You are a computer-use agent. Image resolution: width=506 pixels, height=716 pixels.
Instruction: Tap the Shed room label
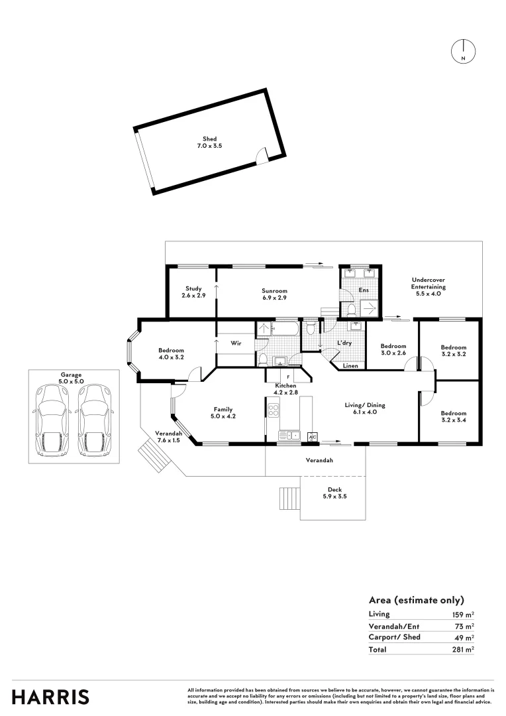tap(209, 142)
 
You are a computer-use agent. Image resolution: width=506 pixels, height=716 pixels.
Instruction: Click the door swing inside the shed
tap(262, 154)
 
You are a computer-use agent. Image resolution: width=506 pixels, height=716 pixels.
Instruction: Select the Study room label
tap(193, 292)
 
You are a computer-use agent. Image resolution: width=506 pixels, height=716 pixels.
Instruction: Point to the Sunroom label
tap(274, 294)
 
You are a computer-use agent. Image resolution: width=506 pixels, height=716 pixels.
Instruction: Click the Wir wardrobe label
tap(235, 343)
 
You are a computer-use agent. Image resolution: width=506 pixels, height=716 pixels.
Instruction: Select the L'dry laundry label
tap(344, 343)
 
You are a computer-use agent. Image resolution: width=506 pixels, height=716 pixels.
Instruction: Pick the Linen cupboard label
tap(351, 365)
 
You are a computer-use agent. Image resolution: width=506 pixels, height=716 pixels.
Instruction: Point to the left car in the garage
tap(52, 420)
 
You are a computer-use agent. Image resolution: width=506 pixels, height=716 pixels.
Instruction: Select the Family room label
tap(223, 412)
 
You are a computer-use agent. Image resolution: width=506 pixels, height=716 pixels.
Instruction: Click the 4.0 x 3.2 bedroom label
tap(171, 354)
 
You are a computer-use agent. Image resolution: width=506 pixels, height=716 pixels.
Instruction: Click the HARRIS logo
tap(50, 697)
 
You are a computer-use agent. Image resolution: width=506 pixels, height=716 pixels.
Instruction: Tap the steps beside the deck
tap(289, 497)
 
